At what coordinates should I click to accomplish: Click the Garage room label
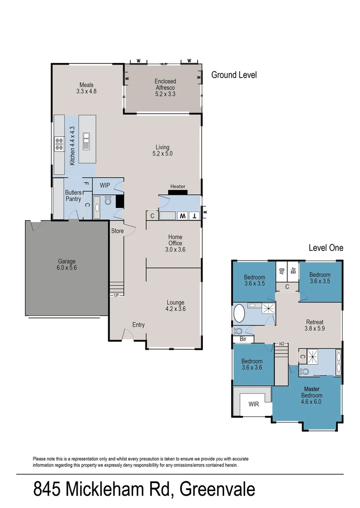coord(67,264)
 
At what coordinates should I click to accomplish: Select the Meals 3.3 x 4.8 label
coord(86,88)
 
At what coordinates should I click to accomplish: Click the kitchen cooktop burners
coord(59,143)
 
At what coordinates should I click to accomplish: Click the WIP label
coord(105,186)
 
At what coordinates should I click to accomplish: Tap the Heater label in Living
coord(178,187)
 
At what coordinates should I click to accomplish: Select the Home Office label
coord(175,243)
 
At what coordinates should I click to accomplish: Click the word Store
coord(117,231)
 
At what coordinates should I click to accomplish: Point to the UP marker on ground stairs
coord(116,295)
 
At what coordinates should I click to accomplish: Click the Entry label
coord(138,325)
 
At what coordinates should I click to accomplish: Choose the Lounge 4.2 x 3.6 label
coord(175,306)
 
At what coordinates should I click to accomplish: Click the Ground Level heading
coord(234,75)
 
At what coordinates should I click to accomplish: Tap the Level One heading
coord(326,248)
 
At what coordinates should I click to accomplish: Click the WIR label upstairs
coord(254,404)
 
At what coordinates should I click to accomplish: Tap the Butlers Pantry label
coord(73,196)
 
